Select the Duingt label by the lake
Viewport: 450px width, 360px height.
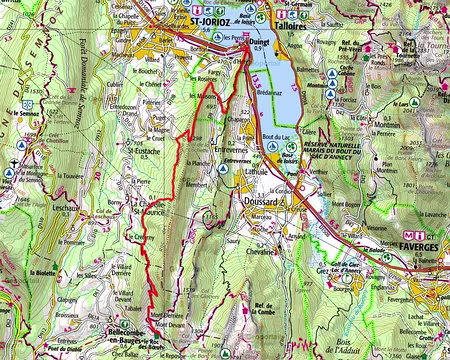coord(259,43)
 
